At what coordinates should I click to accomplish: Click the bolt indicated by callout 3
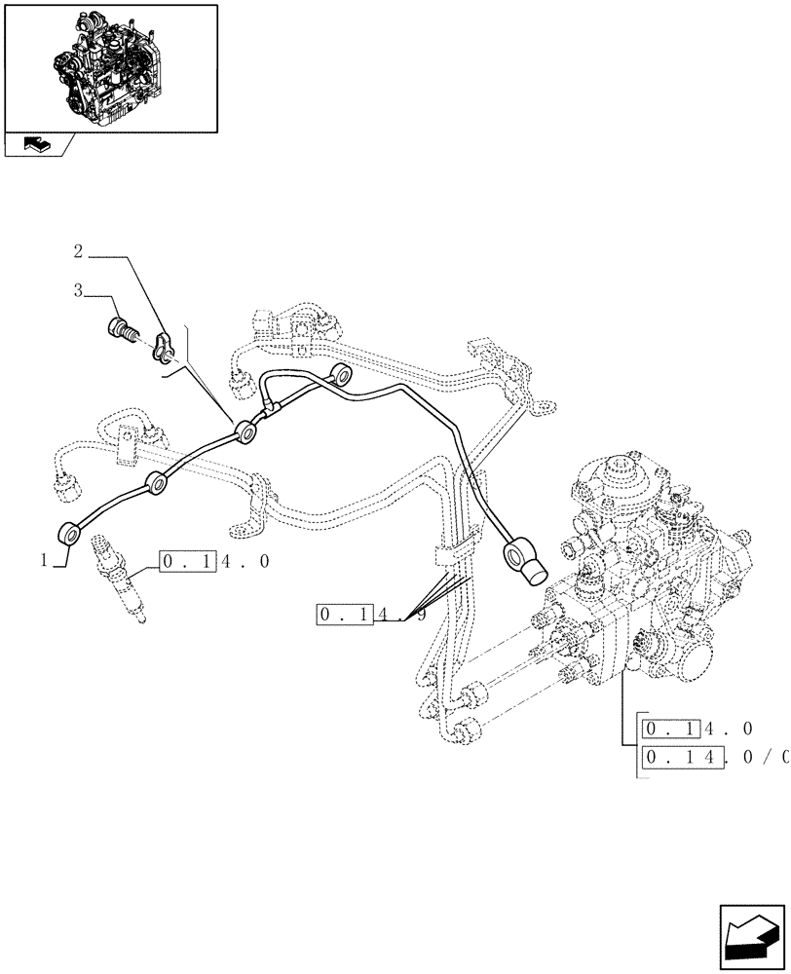coord(123,331)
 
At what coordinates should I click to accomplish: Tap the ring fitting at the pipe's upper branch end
coord(342,374)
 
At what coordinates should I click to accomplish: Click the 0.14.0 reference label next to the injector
coord(214,561)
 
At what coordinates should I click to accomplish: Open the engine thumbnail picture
coord(111,67)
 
